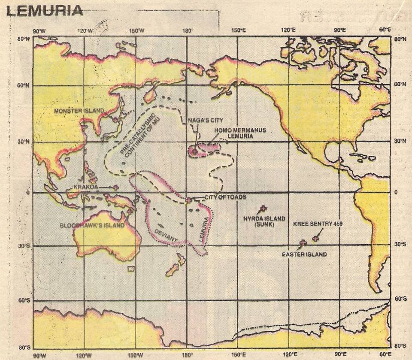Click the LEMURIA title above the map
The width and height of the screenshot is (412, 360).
[x=45, y=10]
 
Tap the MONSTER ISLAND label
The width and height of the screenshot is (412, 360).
[x=79, y=111]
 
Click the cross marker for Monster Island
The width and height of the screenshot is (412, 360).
[x=115, y=120]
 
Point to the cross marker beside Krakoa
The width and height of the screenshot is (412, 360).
[x=116, y=187]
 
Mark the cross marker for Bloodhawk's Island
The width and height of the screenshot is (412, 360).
[x=129, y=211]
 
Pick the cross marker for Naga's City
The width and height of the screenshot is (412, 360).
[x=194, y=151]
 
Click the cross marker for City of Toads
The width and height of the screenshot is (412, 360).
[x=188, y=200]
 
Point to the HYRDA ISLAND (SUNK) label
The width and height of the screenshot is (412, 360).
[x=264, y=221]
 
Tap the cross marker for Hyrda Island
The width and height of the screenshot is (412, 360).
[x=263, y=209]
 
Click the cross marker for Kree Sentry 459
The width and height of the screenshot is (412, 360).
[x=316, y=238]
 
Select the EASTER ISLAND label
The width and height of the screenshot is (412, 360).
[x=304, y=254]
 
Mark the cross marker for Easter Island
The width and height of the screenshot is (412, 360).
[x=303, y=243]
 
